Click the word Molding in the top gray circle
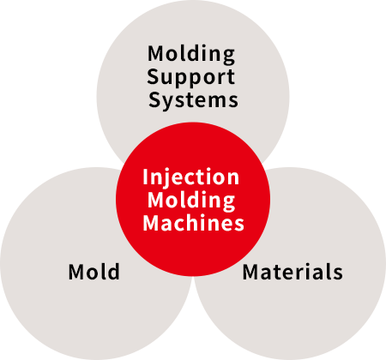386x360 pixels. [x=191, y=54]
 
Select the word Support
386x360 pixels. [x=191, y=77]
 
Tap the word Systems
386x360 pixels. [x=193, y=100]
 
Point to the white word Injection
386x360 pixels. [x=190, y=178]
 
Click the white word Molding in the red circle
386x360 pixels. [x=191, y=201]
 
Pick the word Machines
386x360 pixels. [x=193, y=223]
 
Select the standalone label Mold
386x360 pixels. [x=94, y=272]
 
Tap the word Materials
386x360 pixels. [x=293, y=272]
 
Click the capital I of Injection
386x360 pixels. [x=145, y=177]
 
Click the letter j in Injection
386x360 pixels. [x=162, y=179]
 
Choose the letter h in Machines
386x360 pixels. [x=197, y=222]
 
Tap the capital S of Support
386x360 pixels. [x=153, y=77]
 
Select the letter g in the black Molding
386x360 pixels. [x=229, y=57]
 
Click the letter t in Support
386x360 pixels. [x=230, y=78]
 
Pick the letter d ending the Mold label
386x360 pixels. [x=113, y=271]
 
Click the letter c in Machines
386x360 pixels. [x=184, y=225]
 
